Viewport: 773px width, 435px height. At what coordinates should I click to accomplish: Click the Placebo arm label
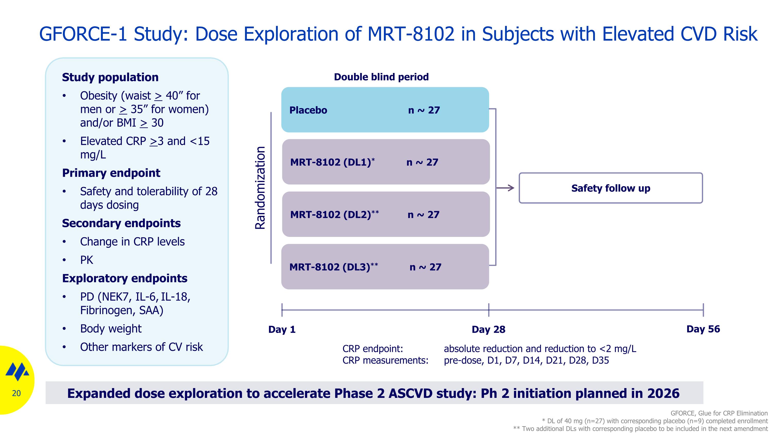click(308, 110)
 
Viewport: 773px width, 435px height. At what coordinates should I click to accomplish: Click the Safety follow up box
click(610, 188)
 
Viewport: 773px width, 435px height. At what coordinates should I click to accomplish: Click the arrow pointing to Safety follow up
click(505, 188)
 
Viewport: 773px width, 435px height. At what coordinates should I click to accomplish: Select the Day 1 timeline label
click(282, 329)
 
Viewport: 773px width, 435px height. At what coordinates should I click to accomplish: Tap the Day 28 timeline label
click(488, 329)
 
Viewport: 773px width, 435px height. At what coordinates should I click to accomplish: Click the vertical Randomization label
click(260, 188)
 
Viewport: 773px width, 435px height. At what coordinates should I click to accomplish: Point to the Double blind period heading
click(381, 77)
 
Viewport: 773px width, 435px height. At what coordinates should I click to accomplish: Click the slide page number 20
click(16, 393)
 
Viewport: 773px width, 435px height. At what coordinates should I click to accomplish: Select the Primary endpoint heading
click(111, 173)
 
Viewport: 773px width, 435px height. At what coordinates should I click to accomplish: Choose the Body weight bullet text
click(111, 329)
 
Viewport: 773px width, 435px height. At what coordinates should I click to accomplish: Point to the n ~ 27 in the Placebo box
click(424, 110)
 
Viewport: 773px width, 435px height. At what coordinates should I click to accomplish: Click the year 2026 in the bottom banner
click(663, 393)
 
